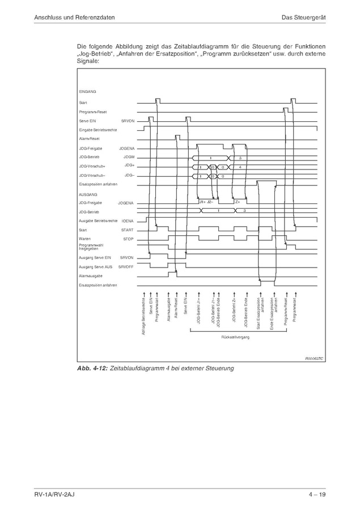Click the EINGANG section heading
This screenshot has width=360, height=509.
click(x=87, y=91)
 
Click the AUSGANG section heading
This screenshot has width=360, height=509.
click(x=88, y=194)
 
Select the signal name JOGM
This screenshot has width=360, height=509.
click(x=129, y=157)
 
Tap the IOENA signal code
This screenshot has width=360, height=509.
click(x=128, y=220)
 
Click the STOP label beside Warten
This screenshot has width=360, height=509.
click(x=128, y=239)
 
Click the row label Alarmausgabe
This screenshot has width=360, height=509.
click(x=90, y=275)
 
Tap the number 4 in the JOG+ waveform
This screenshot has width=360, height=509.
click(x=240, y=167)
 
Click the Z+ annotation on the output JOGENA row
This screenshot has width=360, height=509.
click(x=238, y=202)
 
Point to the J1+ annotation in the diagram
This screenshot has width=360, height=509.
click(x=202, y=202)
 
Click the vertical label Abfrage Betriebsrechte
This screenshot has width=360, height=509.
click(x=143, y=312)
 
